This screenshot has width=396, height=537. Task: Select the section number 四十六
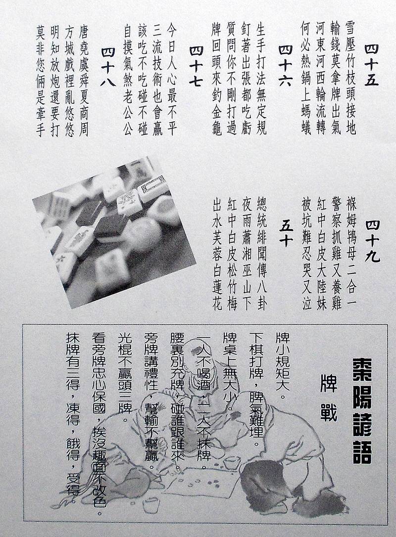point(285,65)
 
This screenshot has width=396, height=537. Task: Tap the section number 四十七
point(196,65)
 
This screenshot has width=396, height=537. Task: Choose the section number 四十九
point(372,241)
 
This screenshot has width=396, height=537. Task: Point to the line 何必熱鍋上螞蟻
point(305,78)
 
